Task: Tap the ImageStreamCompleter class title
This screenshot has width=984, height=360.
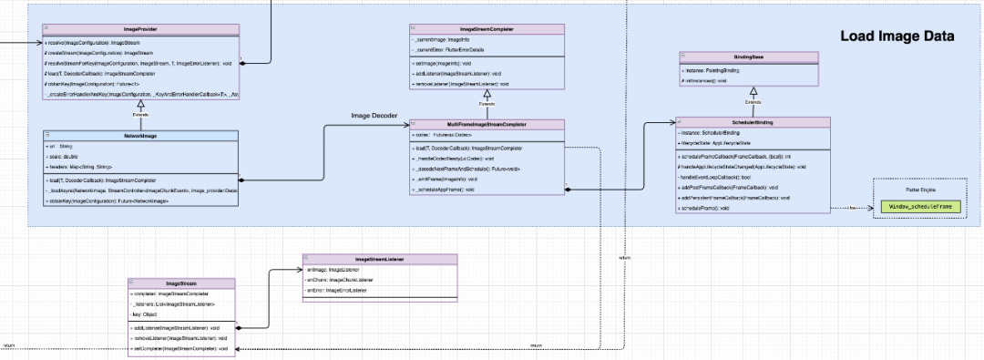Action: [487, 30]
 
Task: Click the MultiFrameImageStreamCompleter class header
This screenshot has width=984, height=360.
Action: [487, 124]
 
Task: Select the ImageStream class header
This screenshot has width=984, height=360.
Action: [181, 284]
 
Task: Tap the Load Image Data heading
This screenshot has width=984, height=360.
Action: [897, 36]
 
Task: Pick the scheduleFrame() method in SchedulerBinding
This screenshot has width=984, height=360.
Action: [701, 209]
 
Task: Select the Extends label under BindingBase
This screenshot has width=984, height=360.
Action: [752, 103]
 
